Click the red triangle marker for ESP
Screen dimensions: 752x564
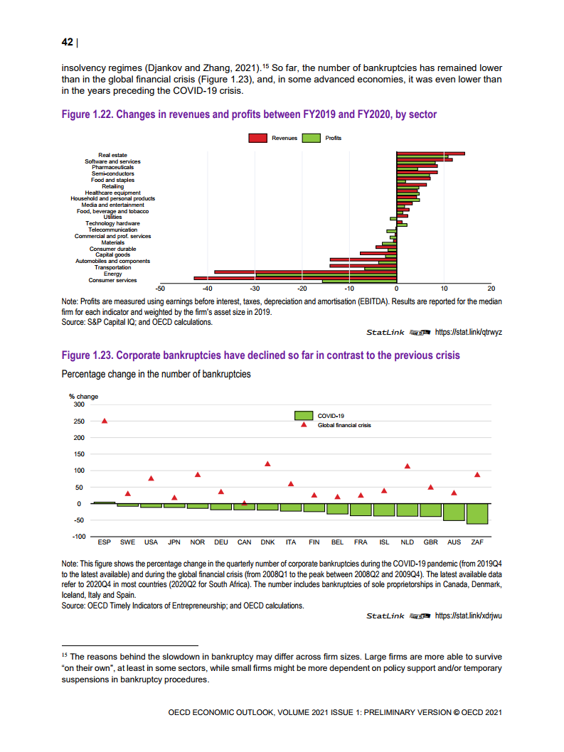(x=105, y=421)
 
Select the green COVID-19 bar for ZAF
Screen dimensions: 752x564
(x=477, y=513)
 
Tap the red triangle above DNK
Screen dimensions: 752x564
(x=268, y=464)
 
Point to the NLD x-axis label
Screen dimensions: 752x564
(x=408, y=542)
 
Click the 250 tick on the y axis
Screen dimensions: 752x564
(x=78, y=421)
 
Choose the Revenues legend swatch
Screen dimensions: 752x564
(x=257, y=138)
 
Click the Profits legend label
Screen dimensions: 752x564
(x=333, y=138)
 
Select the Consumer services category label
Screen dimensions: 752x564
(x=112, y=280)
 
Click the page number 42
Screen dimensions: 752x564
(x=68, y=42)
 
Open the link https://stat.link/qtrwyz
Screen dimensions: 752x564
(x=468, y=332)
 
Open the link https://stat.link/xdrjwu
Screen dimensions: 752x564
(x=468, y=616)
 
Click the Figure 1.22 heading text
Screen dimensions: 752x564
(x=249, y=114)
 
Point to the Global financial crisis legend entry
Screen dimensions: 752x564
(x=344, y=425)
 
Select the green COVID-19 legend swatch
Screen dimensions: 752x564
(x=304, y=415)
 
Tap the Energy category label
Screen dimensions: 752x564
(x=112, y=274)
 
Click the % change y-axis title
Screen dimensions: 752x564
(x=83, y=396)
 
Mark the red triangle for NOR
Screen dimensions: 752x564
(x=198, y=475)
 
